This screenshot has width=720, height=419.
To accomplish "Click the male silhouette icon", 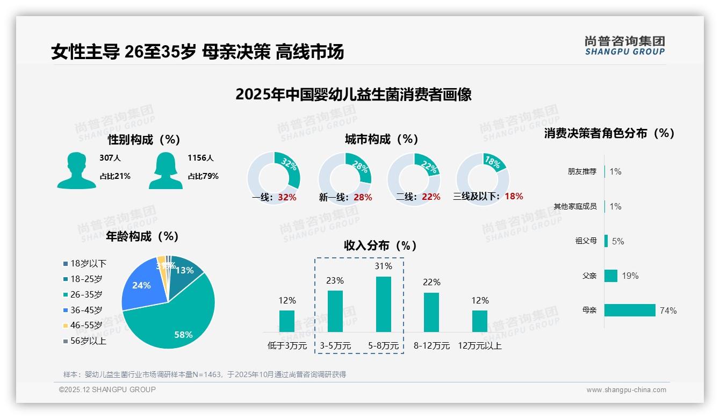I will [76, 170].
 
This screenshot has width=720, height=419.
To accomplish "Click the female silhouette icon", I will [165, 170].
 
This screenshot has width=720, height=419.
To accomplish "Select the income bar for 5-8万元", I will [383, 304].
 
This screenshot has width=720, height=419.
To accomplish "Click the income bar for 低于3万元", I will [287, 321].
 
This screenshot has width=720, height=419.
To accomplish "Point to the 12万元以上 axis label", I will [479, 346].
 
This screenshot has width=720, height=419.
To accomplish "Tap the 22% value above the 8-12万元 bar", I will [431, 282].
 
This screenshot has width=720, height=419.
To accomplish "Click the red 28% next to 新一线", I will [363, 198].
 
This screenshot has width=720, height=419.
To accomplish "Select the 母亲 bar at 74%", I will [629, 310].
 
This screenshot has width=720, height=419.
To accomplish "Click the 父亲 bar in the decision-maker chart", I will [610, 276].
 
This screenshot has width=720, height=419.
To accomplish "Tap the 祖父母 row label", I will [586, 241].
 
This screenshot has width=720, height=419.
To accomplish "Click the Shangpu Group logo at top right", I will [624, 46].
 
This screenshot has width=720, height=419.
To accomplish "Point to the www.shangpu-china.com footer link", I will [626, 390].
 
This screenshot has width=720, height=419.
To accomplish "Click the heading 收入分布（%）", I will [380, 246].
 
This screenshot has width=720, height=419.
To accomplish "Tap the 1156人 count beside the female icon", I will [200, 158].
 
